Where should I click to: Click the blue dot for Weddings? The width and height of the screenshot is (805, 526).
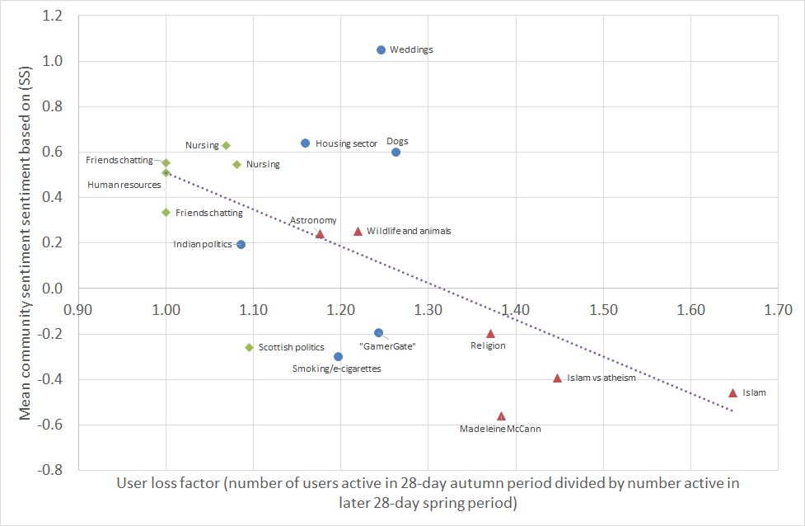pos(381,50)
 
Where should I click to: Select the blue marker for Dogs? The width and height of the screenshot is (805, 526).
pos(395,152)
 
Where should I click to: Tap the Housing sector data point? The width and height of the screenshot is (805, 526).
pos(305,143)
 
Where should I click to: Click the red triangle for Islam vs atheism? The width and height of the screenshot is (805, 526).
pos(557,378)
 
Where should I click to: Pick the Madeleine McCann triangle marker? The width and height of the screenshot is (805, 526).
pos(501,416)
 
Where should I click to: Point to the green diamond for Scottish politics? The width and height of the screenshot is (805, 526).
pos(249,347)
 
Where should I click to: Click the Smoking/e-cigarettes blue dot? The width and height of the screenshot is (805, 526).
pos(338,356)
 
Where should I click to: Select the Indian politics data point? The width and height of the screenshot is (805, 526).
pos(241,244)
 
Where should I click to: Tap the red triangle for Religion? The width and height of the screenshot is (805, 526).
pos(490,333)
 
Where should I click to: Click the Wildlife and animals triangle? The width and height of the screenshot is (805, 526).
pos(358,231)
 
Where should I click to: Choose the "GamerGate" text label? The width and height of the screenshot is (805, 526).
pos(387,346)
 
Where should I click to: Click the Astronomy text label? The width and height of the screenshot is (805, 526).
pos(313,220)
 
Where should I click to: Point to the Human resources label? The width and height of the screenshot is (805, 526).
pos(124,185)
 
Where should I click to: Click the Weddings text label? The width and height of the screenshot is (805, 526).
pos(411,49)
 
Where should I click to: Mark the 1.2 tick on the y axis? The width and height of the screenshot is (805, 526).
pos(54,16)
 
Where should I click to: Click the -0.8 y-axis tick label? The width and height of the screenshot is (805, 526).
pos(52,470)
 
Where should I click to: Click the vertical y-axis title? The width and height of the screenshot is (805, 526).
pos(26,243)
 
